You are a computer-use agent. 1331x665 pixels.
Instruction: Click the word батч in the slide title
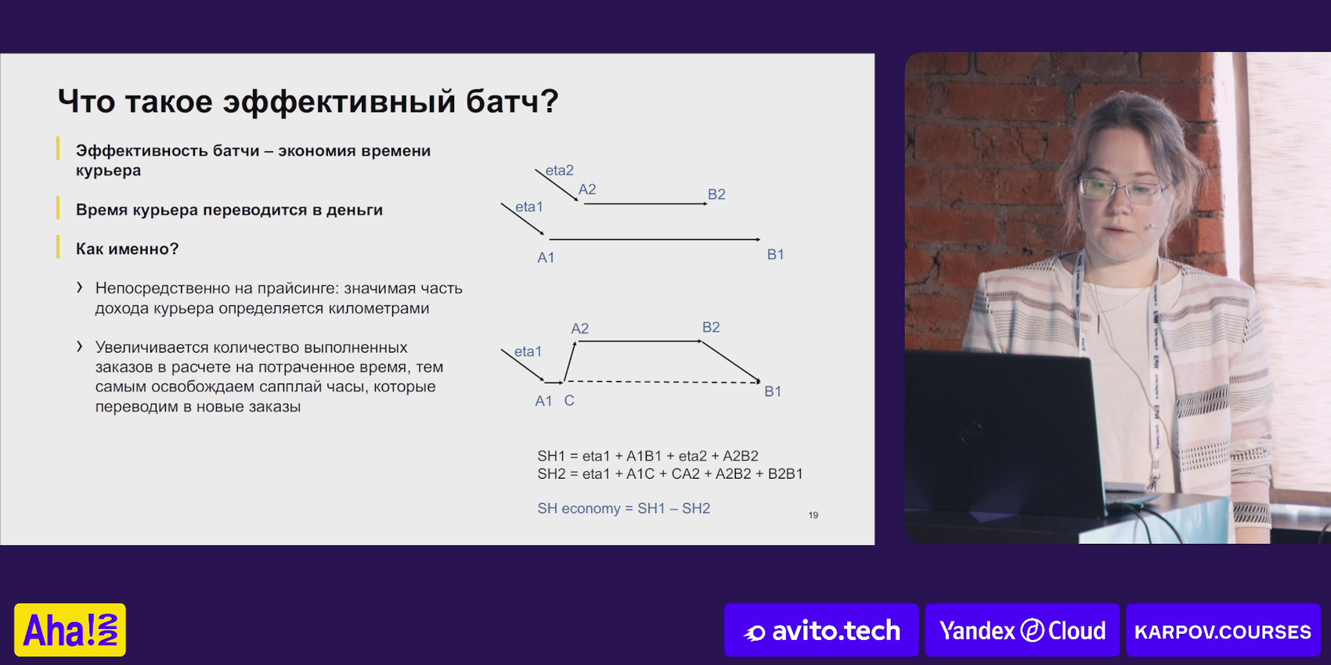coord(511,101)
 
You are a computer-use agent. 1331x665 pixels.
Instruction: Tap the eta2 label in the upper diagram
coord(560,171)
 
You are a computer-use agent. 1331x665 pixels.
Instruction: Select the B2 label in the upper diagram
coord(716,194)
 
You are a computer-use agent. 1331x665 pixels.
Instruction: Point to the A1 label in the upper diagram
coord(546,257)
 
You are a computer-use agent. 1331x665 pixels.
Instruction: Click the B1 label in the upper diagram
coord(775,254)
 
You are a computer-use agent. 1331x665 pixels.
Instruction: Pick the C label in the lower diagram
coord(569,401)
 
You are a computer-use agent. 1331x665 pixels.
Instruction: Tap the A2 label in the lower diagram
coord(580,329)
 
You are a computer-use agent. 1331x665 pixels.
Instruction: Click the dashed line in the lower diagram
coord(662,382)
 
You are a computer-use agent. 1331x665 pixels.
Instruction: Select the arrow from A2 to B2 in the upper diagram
coord(645,203)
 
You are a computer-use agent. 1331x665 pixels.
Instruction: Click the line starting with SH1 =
coord(647,456)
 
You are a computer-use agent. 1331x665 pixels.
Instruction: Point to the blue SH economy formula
coord(623,509)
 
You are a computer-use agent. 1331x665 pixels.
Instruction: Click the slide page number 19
coord(813,516)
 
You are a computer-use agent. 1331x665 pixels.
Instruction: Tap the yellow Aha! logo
coord(70,630)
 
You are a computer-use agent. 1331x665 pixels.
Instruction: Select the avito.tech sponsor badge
coord(821,630)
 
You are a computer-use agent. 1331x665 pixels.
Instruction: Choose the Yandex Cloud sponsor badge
coord(1022,630)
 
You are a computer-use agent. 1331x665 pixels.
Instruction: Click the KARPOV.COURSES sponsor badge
coord(1223,630)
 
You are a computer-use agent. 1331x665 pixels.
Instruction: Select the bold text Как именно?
coord(127,249)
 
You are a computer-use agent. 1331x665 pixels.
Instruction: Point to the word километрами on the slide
coord(378,309)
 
